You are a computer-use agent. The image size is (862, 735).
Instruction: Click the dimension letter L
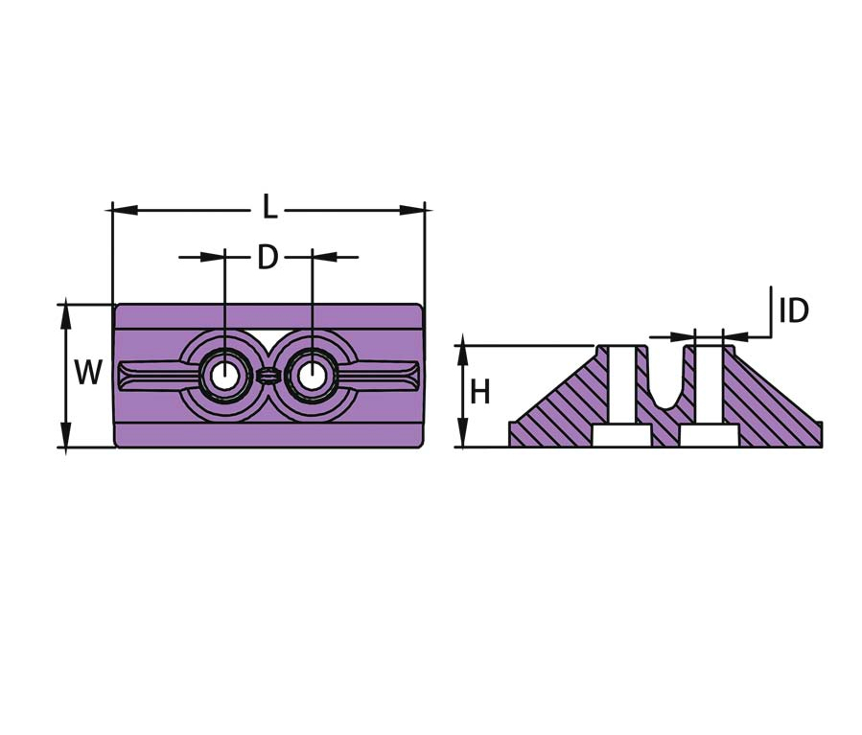click(x=269, y=208)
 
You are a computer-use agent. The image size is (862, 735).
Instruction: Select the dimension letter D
click(x=268, y=257)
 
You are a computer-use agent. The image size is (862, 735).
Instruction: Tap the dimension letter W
click(x=88, y=373)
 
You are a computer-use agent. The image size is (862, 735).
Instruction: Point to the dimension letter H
click(x=480, y=392)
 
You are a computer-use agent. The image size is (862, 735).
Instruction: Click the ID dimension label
click(x=794, y=310)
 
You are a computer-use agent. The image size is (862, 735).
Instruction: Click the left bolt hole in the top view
click(x=224, y=377)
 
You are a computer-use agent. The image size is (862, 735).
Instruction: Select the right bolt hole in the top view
click(x=312, y=377)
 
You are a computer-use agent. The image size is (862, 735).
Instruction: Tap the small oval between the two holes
click(x=268, y=377)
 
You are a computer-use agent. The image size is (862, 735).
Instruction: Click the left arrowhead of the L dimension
click(x=125, y=210)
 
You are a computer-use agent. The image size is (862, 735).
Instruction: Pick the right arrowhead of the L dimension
click(x=412, y=210)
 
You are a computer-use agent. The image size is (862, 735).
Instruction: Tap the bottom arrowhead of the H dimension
click(x=463, y=434)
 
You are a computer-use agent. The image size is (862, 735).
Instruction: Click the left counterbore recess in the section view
click(x=622, y=436)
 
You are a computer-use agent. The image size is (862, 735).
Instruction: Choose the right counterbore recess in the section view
click(x=710, y=436)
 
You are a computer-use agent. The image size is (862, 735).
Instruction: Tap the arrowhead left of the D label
click(x=213, y=257)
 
